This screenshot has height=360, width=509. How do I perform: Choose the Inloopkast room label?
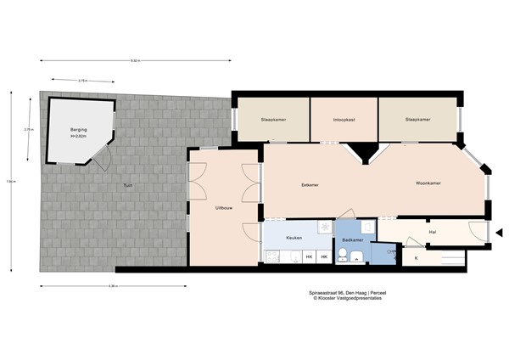(x=344, y=120)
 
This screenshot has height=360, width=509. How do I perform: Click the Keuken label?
(x=294, y=238)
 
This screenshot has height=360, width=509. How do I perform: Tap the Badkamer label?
(x=353, y=240)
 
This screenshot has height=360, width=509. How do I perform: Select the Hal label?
(x=432, y=230)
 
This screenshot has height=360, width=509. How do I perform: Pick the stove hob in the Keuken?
(x=323, y=227)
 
